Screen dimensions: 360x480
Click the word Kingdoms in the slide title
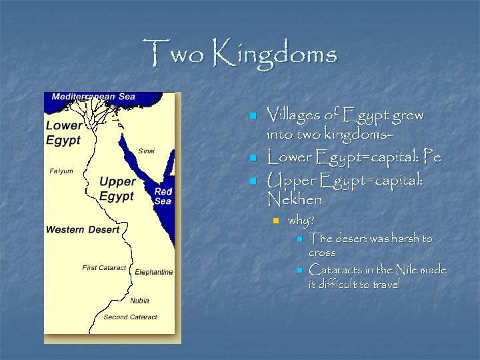coord(275,53)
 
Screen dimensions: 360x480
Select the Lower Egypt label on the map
coord(63,133)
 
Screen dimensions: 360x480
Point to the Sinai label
coord(146,151)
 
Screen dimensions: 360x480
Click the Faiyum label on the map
coord(61,171)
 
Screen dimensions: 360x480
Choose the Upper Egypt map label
coord(117,189)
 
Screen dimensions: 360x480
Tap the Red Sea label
coord(163,196)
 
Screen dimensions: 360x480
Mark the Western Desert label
coord(83,229)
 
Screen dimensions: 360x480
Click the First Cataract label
coord(104,267)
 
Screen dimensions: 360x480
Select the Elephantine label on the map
coord(153,272)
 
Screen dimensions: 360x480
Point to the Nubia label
coord(139,301)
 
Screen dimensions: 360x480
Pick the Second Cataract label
coord(130,317)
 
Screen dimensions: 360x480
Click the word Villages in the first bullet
coord(294,115)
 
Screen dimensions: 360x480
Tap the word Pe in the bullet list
coord(433,158)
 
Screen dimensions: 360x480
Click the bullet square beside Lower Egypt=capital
coord(253,159)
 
